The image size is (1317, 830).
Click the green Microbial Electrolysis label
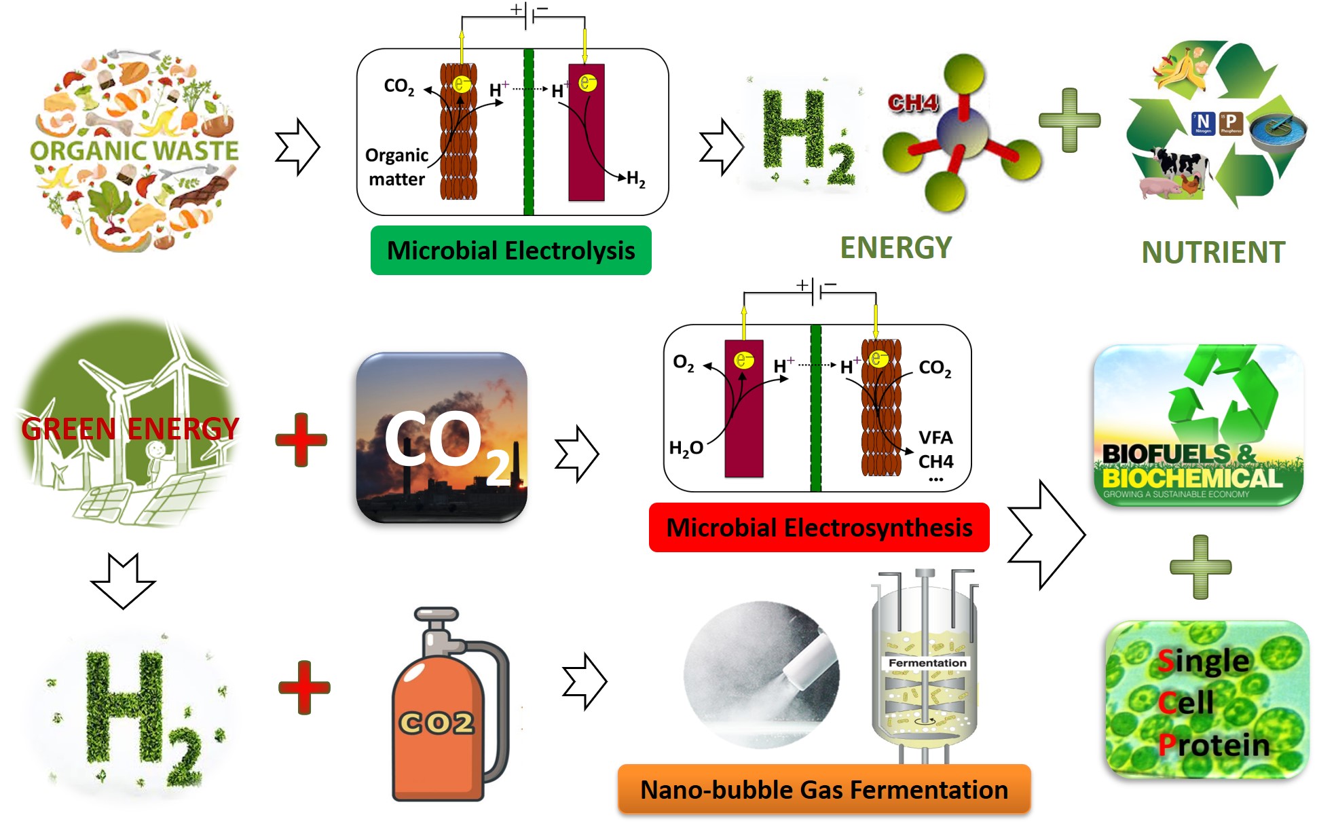point(511,251)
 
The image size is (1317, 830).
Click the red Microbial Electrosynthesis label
point(819,528)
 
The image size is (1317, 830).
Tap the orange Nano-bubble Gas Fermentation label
point(823,790)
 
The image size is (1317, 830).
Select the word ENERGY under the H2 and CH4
point(895,248)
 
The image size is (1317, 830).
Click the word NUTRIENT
point(1213,253)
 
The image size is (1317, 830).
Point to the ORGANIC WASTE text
point(134,151)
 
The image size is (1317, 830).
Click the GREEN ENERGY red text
point(130,429)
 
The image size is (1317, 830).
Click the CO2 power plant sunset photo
point(441,437)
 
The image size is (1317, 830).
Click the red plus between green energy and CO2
point(301,439)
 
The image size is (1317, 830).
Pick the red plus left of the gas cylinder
point(304,687)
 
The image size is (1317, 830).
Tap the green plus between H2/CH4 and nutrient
point(1069,120)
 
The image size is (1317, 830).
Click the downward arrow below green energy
point(124,581)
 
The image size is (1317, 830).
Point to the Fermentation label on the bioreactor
point(927,663)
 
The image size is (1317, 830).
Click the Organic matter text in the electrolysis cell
point(396,167)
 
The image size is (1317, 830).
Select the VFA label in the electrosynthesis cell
point(935,438)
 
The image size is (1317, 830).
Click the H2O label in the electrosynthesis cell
point(686,448)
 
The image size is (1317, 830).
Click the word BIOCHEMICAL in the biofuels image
point(1192,478)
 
